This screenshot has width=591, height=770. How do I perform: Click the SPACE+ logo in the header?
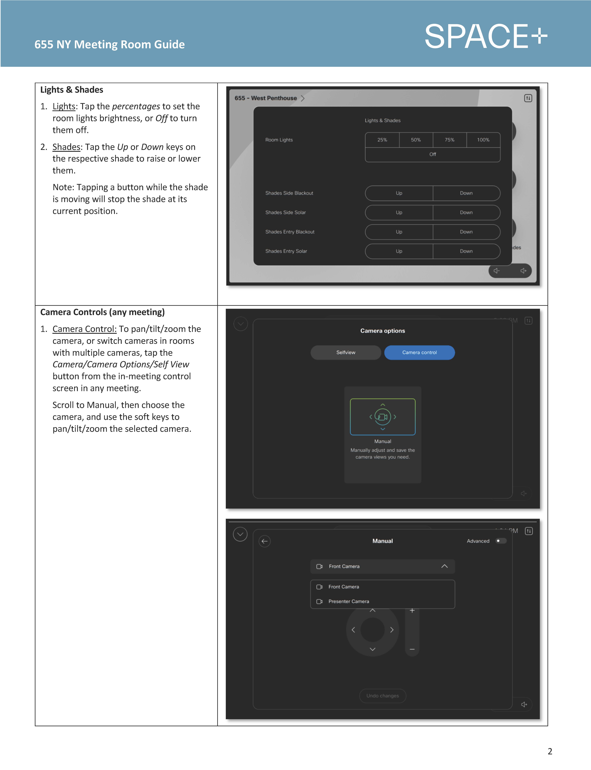point(485,37)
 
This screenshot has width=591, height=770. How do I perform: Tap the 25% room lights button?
point(382,140)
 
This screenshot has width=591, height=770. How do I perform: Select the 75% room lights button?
point(449,140)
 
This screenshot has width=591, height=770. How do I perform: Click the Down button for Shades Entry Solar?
point(466,251)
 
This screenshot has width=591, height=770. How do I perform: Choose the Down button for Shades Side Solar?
point(466,212)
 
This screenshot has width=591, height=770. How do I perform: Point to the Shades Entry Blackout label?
point(289,232)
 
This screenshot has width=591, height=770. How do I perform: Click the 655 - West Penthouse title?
point(266,98)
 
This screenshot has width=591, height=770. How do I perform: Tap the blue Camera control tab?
point(419,352)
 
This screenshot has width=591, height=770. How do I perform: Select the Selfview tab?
point(346,352)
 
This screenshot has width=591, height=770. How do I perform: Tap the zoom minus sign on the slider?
point(412,649)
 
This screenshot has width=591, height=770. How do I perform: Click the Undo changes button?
point(382,695)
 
